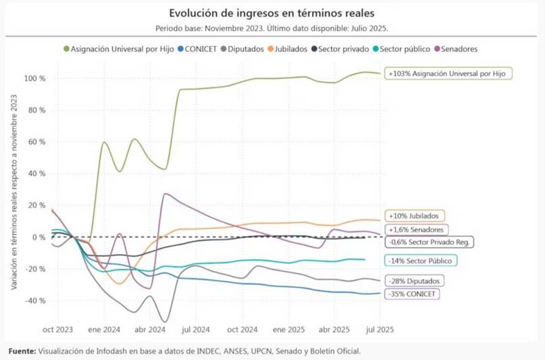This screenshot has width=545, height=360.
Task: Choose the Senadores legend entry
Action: pyautogui.click(x=459, y=49)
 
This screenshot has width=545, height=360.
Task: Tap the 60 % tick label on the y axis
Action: pyautogui.click(x=35, y=142)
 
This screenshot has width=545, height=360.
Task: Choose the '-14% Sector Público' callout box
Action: pyautogui.click(x=420, y=260)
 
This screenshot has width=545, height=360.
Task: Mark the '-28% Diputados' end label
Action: pyautogui.click(x=415, y=280)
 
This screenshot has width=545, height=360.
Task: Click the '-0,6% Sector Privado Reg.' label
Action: pyautogui.click(x=429, y=241)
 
